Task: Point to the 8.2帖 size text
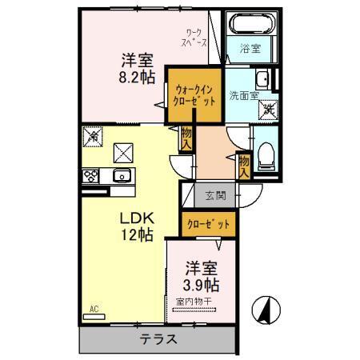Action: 137,78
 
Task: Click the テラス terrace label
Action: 159,338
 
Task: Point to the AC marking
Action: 94,308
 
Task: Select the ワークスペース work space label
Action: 194,38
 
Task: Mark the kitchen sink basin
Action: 122,177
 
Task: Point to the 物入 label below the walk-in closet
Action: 186,138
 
